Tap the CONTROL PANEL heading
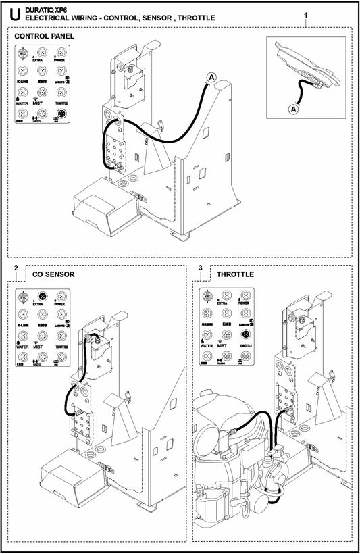click(x=45, y=35)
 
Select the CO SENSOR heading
click(x=53, y=275)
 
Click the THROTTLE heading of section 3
click(x=235, y=275)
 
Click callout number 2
click(x=15, y=269)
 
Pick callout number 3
click(x=201, y=269)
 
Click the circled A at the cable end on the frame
click(x=211, y=77)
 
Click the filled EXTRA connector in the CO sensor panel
click(x=43, y=296)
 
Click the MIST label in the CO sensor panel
click(x=43, y=345)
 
